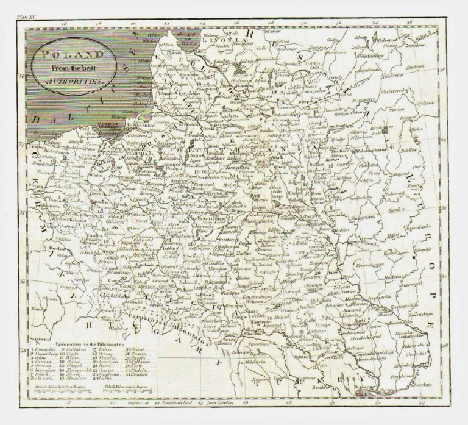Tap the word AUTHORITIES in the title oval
coord(76,80)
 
